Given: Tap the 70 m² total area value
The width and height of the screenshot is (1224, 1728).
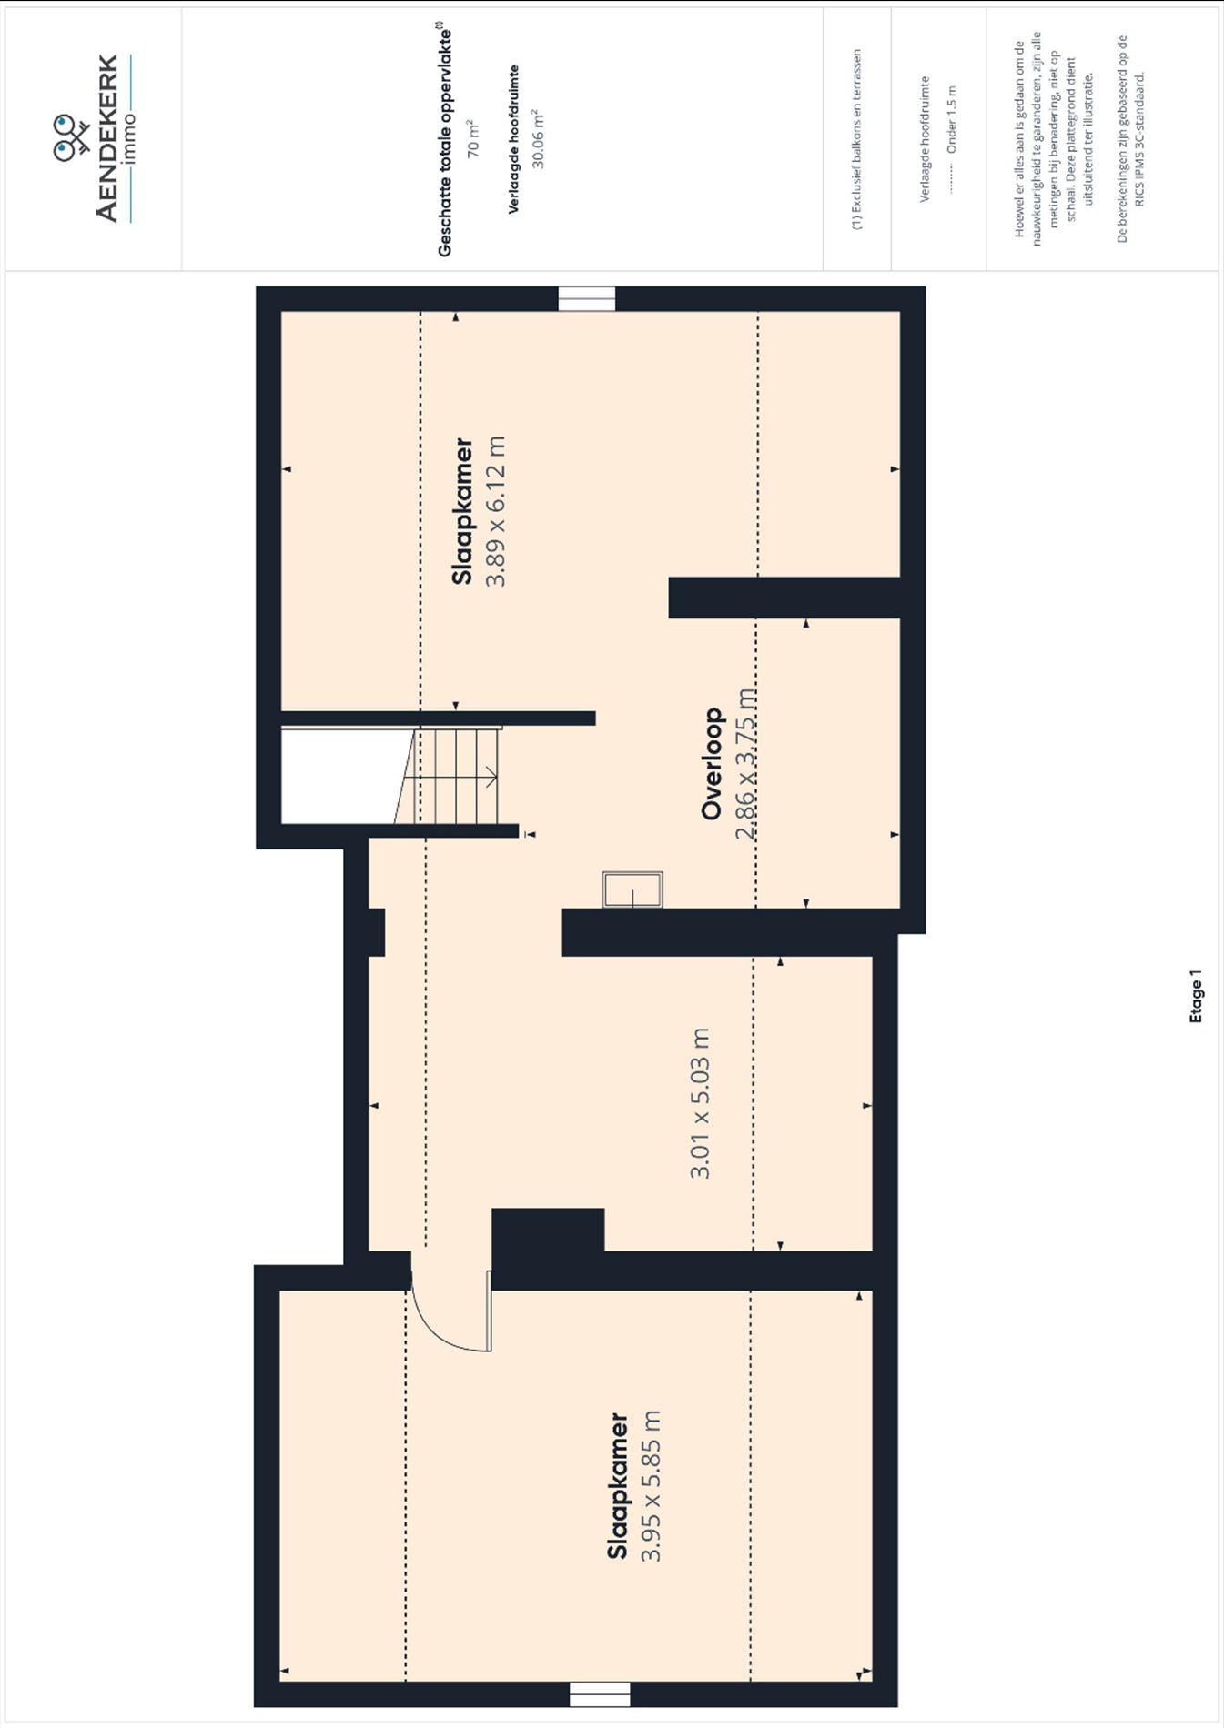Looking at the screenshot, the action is pyautogui.click(x=473, y=138).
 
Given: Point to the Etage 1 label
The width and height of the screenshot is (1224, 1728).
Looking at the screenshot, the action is pyautogui.click(x=1196, y=997).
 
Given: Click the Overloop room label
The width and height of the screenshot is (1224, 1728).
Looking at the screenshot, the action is pyautogui.click(x=713, y=764).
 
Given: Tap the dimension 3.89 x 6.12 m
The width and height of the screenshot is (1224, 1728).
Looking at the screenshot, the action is pyautogui.click(x=496, y=511).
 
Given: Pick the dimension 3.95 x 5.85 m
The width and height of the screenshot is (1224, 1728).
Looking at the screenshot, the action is pyautogui.click(x=651, y=1486).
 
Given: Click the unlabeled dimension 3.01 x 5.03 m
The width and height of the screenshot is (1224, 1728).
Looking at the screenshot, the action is pyautogui.click(x=700, y=1103).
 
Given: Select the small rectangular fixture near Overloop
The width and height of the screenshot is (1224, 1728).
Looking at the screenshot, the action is pyautogui.click(x=632, y=889).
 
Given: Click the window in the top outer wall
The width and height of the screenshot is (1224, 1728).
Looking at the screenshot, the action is pyautogui.click(x=587, y=299).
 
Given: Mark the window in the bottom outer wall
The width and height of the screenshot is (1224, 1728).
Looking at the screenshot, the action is pyautogui.click(x=600, y=1694).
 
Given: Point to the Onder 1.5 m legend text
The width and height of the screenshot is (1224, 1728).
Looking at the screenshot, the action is pyautogui.click(x=952, y=119).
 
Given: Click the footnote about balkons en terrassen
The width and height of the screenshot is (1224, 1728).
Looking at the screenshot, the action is pyautogui.click(x=856, y=140).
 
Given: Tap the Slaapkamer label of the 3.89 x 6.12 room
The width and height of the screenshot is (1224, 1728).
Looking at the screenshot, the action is pyautogui.click(x=463, y=511).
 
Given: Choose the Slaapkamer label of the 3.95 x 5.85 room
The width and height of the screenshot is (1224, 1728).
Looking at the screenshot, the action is pyautogui.click(x=618, y=1486).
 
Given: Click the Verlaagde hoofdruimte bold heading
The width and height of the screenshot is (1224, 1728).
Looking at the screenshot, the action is pyautogui.click(x=514, y=139).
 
